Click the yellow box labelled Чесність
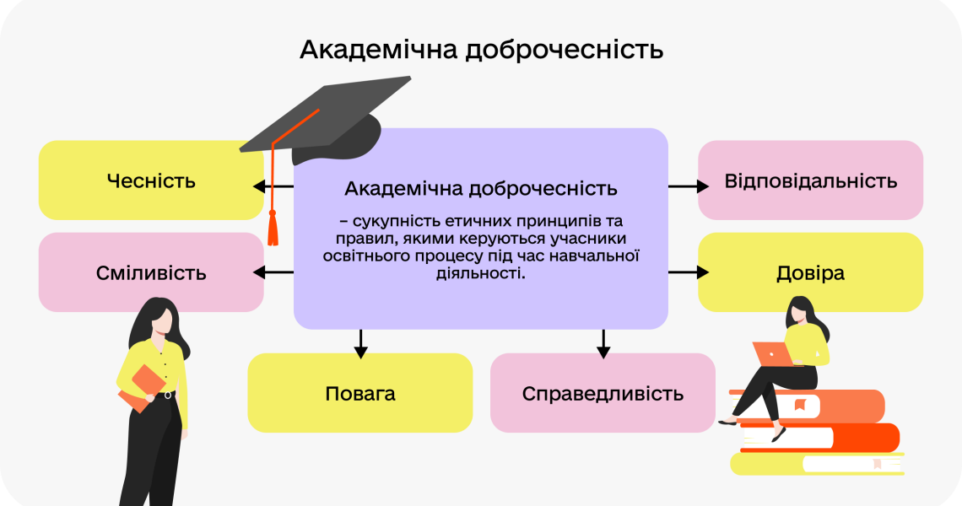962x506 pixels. click(151, 180)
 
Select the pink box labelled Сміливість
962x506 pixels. click(151, 272)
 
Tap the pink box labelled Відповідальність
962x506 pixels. click(810, 180)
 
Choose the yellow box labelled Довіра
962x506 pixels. click(810, 272)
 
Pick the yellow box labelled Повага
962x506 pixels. click(359, 393)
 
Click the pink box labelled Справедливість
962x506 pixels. click(603, 393)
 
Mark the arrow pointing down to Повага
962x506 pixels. click(360, 342)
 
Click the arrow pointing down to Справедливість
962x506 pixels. click(603, 342)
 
